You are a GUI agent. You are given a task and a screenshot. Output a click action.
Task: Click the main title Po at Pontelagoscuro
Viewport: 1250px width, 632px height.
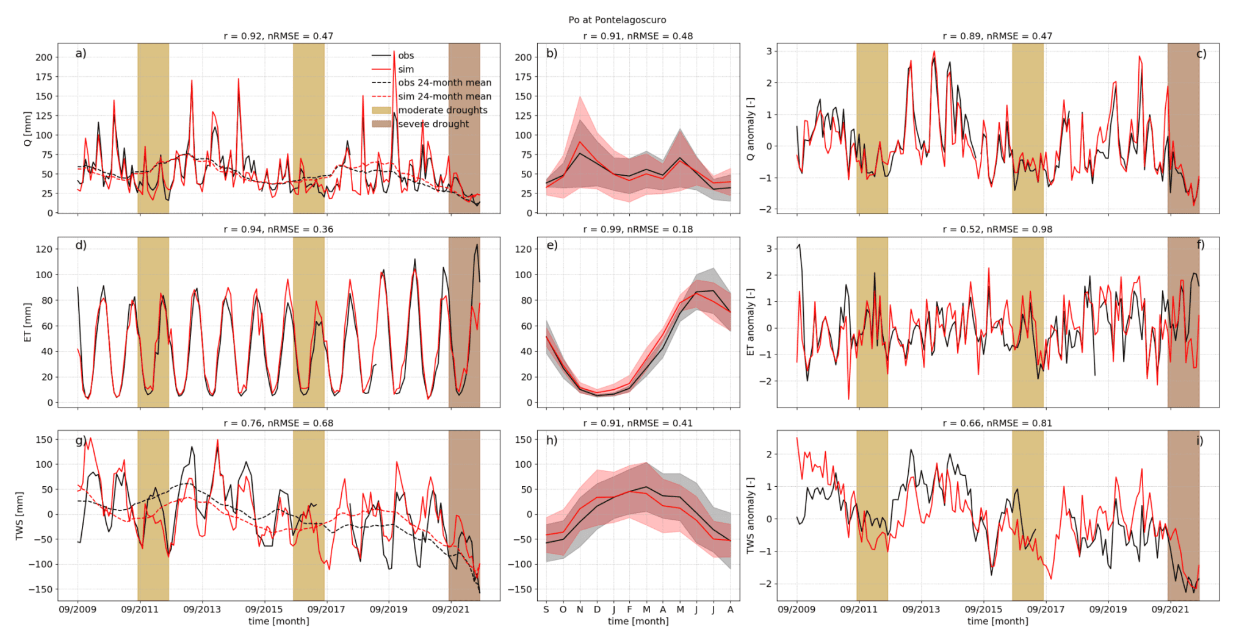617,20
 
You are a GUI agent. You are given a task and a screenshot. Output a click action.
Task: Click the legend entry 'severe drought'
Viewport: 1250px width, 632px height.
433,124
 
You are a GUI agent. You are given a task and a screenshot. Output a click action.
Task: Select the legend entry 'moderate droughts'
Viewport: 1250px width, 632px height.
443,110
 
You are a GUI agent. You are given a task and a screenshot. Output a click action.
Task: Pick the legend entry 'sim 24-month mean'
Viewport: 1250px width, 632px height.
444,96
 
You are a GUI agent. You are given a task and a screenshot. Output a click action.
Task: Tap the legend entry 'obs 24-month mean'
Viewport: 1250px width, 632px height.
444,83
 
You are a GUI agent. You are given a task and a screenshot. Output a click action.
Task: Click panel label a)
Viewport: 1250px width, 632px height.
81,54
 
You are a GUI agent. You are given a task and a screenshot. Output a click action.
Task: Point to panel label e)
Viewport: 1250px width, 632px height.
552,245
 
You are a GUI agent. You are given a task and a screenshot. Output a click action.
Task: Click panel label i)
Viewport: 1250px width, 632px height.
1200,440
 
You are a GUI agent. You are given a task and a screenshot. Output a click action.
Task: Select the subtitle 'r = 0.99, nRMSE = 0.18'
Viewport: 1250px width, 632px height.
638,229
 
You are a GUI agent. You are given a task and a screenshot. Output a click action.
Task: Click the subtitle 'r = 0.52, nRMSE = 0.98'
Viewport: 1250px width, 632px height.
997,229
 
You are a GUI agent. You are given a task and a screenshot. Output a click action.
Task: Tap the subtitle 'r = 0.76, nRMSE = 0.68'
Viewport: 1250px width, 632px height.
278,423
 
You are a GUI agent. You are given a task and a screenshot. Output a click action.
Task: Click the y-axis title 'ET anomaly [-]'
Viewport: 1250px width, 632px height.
751,322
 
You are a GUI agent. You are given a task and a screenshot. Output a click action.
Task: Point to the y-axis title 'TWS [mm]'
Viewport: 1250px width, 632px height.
20,515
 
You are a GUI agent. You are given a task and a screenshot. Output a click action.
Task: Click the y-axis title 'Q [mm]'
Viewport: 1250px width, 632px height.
27,128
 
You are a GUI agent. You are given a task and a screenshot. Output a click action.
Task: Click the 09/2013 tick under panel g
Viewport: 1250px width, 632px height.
202,609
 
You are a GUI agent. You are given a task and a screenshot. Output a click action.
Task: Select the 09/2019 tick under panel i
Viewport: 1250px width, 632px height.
1108,609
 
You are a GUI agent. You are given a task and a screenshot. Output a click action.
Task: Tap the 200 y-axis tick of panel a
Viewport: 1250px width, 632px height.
44,57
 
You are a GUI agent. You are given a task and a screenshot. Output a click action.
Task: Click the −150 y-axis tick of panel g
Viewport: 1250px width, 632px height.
39,589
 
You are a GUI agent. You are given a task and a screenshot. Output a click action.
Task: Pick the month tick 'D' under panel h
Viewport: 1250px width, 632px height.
596,609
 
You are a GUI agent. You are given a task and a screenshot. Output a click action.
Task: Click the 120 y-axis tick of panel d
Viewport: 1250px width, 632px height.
44,249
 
